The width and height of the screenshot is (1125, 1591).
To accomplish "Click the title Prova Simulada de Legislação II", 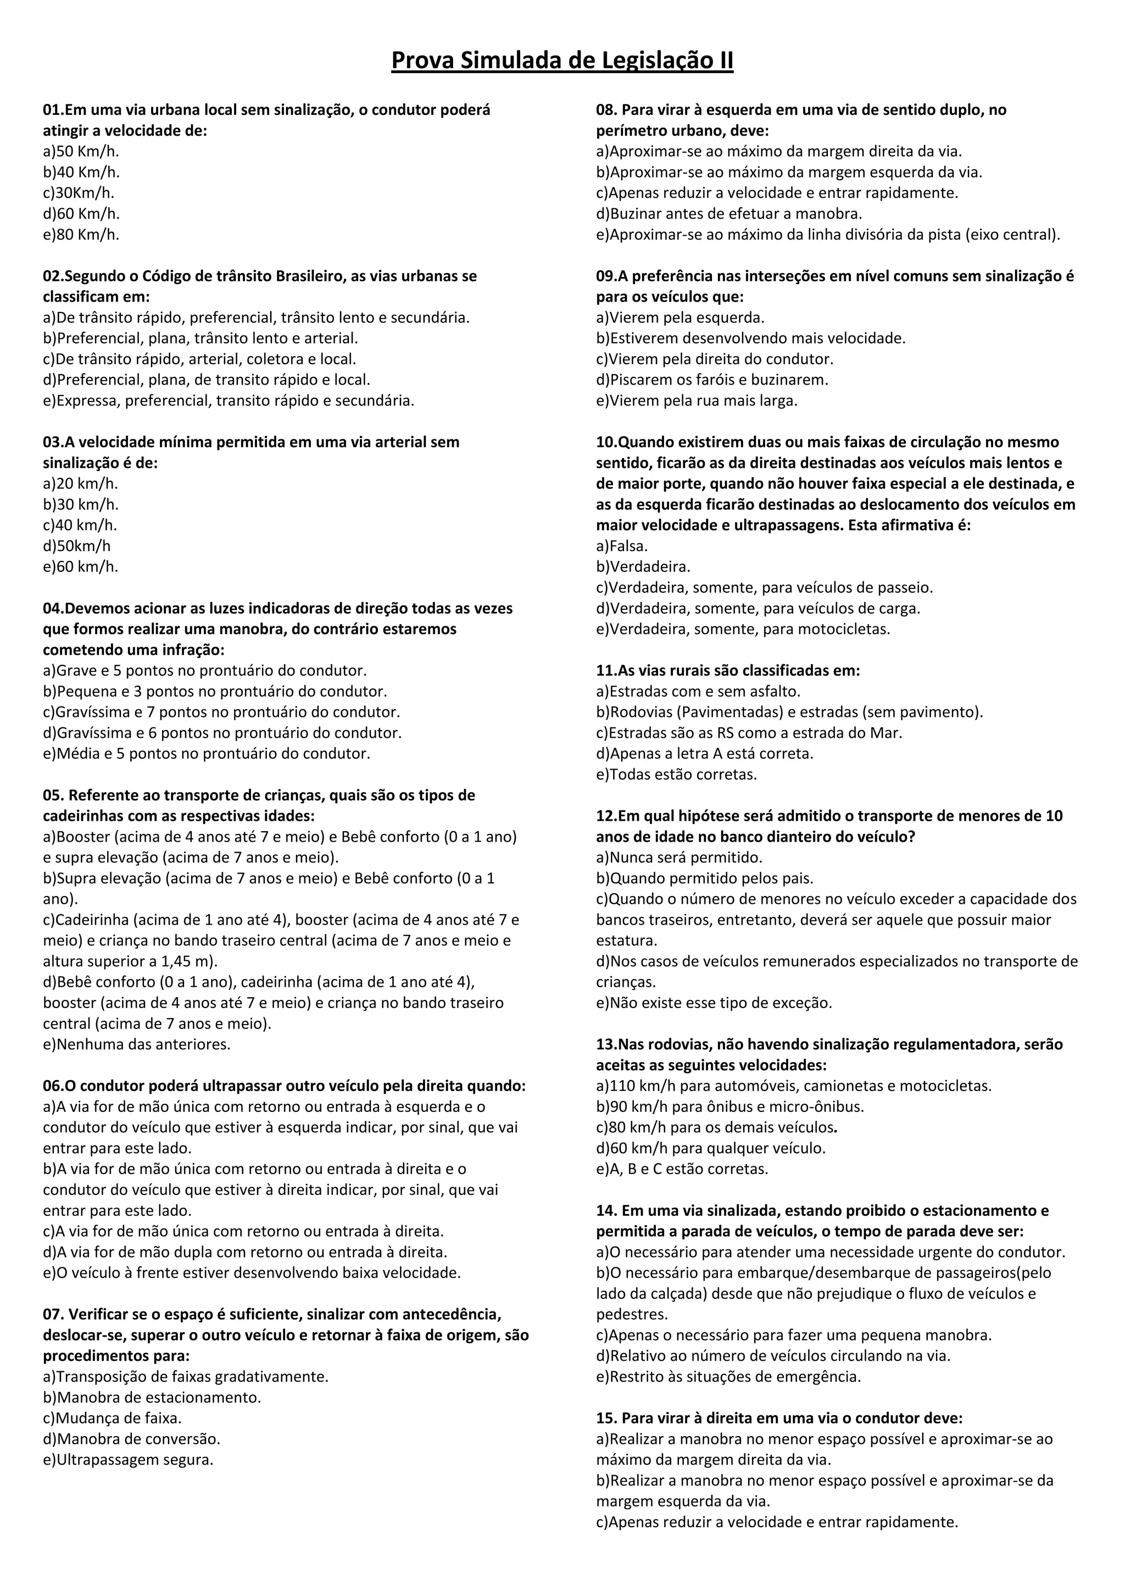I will coord(562,61).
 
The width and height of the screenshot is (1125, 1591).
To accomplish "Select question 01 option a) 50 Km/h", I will coord(81,151).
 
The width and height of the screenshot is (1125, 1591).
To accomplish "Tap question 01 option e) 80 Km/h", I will coord(81,234).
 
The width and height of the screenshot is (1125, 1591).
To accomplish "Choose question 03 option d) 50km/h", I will coord(77,546).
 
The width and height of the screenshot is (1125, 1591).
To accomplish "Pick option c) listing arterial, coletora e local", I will coord(199,359).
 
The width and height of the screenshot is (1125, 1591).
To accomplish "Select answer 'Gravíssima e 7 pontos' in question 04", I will coord(222,711).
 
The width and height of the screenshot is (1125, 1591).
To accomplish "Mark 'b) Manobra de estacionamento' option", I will coord(152,1398).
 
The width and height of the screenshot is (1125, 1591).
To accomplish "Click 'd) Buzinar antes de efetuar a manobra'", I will coord(729,213).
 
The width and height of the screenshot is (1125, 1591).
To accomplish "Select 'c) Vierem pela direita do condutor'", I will coord(714,359).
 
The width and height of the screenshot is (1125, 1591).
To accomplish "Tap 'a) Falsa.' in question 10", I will coord(622,546).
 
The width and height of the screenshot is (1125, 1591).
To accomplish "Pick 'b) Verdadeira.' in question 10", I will coord(643,567).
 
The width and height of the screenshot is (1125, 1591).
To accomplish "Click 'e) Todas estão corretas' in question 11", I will coord(676,774).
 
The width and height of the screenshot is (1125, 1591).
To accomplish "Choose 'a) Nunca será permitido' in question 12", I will coord(679,857).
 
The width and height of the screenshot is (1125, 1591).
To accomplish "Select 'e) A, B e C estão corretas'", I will coord(682,1169).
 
